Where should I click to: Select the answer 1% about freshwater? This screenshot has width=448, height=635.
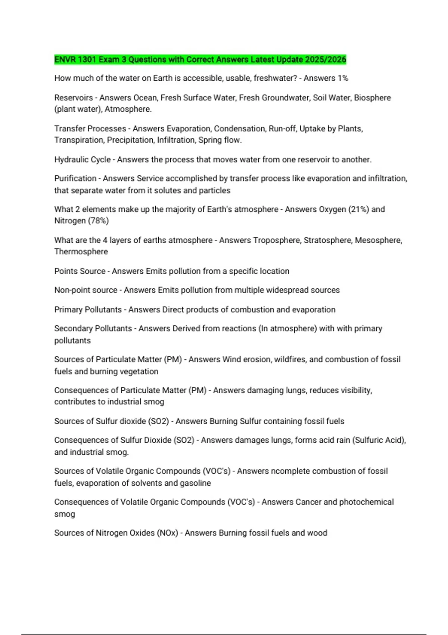pyautogui.click(x=343, y=78)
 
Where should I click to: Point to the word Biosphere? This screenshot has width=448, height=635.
pyautogui.click(x=372, y=97)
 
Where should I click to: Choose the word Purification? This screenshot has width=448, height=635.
pyautogui.click(x=75, y=179)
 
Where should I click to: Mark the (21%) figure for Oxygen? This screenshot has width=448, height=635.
pyautogui.click(x=358, y=209)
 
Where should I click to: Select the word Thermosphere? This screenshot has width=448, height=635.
pyautogui.click(x=81, y=252)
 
